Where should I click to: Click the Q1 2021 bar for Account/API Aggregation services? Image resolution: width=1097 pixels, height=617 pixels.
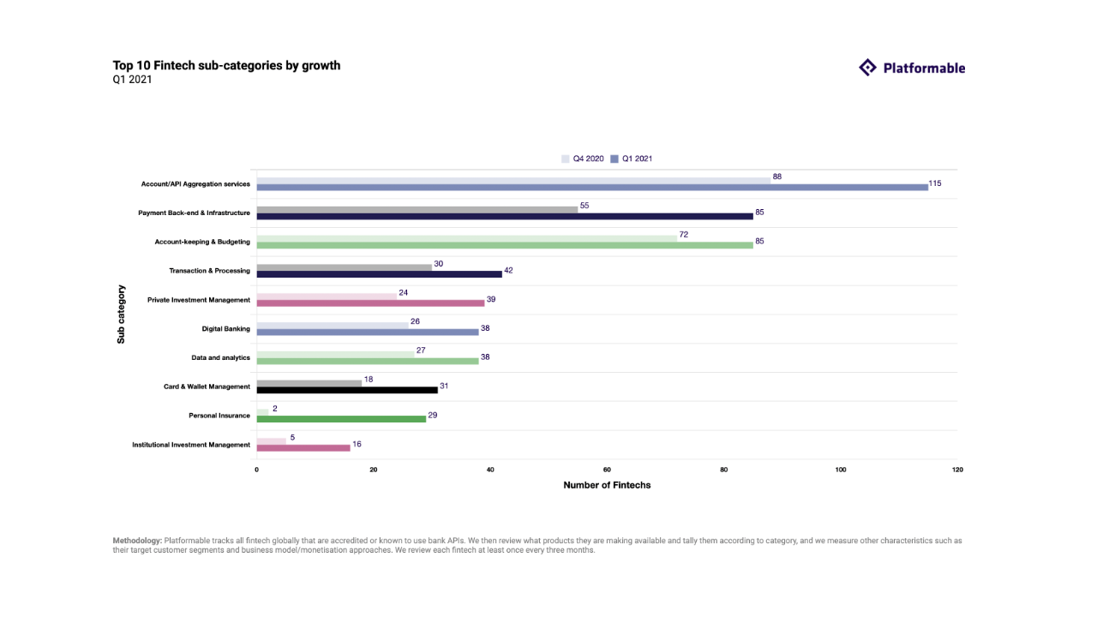click(591, 187)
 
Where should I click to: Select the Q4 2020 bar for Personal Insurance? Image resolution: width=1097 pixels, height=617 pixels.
click(262, 412)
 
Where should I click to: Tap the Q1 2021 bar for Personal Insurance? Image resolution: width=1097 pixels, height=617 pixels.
click(341, 418)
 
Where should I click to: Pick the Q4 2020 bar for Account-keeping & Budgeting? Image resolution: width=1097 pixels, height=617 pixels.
click(466, 238)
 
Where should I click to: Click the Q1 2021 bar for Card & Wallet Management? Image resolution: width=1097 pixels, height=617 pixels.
click(347, 390)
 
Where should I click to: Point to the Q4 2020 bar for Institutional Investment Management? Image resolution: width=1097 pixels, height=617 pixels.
click(271, 441)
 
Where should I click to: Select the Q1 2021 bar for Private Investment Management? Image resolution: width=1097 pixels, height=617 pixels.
click(370, 303)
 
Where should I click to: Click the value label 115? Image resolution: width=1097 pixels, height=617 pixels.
click(935, 183)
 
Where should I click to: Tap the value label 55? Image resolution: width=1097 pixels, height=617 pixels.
click(584, 206)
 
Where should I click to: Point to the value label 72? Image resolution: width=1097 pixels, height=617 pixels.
click(684, 234)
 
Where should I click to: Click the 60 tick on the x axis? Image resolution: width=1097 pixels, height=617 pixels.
click(607, 470)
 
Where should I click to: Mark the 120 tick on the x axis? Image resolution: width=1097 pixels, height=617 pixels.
click(957, 470)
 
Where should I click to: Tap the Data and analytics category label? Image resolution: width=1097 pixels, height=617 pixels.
click(220, 357)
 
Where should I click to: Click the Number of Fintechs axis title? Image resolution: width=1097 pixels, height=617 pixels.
click(607, 485)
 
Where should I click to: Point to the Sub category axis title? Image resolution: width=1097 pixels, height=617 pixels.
click(121, 314)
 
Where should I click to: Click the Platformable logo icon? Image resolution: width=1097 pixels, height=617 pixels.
click(867, 68)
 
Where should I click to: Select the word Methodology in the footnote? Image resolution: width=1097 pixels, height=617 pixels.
click(137, 541)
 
